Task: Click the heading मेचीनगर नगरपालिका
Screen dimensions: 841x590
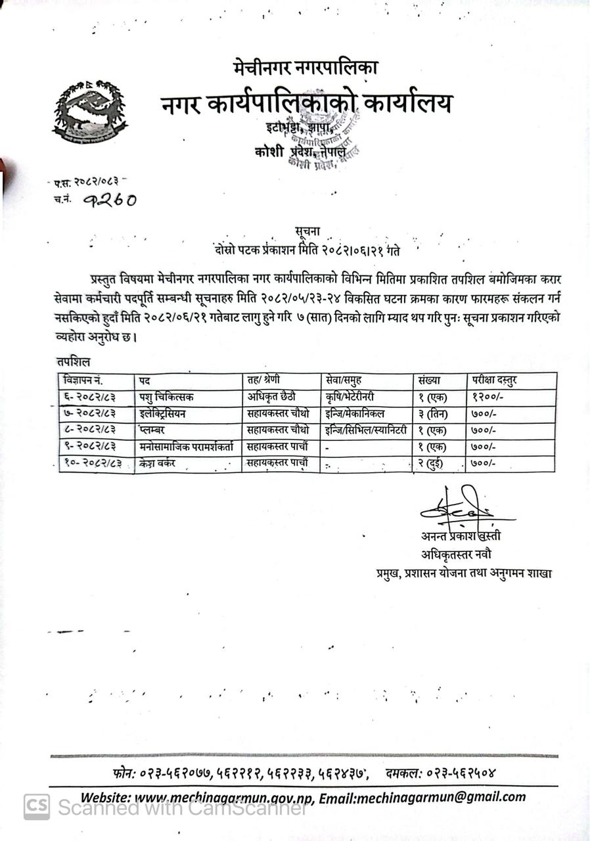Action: (306, 67)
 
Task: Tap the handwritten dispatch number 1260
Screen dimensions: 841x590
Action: (110, 199)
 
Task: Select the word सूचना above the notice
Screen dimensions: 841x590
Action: (309, 230)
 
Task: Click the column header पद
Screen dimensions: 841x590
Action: (144, 380)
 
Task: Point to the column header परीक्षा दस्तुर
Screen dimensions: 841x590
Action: (493, 380)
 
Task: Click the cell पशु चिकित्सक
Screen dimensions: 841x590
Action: (166, 397)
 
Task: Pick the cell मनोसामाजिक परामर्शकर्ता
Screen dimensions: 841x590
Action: (186, 447)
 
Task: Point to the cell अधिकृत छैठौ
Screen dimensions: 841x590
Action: (272, 397)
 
